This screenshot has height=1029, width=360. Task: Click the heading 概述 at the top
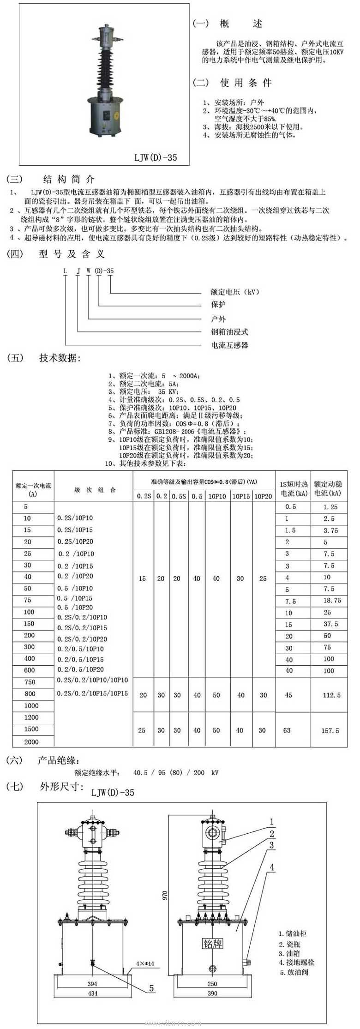click(240, 24)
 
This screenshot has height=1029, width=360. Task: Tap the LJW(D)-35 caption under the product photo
click(156, 157)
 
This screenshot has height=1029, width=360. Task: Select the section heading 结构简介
click(69, 179)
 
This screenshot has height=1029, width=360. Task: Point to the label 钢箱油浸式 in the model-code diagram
click(229, 332)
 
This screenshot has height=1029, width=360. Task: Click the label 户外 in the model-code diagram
click(218, 319)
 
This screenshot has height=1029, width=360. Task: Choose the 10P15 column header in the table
click(240, 496)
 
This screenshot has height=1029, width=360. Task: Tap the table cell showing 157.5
click(330, 731)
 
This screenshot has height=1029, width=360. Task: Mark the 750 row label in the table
click(30, 682)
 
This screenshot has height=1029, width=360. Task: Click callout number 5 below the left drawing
click(151, 988)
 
